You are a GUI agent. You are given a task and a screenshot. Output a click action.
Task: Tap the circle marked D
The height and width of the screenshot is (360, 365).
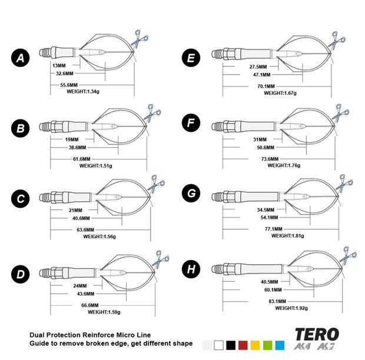[x=21, y=274]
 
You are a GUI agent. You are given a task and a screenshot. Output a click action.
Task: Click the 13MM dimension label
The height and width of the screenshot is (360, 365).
[x=59, y=65]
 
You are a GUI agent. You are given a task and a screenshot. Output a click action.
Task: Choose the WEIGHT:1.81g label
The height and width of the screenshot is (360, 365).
[x=288, y=235]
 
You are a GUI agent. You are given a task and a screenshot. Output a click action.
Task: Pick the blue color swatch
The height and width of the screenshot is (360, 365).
[x=280, y=344]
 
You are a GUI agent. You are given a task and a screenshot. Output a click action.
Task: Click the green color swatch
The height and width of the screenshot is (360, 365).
[x=267, y=344]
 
